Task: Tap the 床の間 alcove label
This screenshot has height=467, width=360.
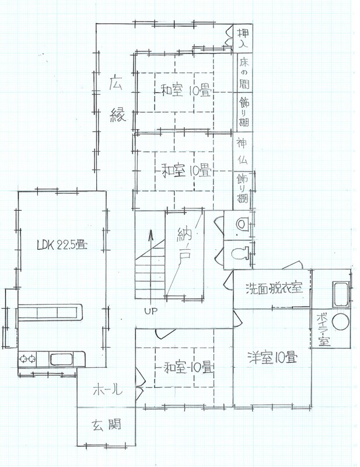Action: [x=244, y=72]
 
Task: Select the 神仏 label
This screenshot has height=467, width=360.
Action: [x=242, y=151]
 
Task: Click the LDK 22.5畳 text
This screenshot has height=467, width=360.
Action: [x=62, y=245]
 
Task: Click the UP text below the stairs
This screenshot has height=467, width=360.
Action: [x=151, y=311]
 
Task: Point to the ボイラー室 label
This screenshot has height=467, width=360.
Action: [x=324, y=329]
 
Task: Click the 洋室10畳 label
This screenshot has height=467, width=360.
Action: [x=272, y=357]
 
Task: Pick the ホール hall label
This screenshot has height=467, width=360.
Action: [x=107, y=389]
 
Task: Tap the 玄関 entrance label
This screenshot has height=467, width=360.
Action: [x=106, y=425]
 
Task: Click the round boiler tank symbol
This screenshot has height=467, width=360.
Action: [x=340, y=321]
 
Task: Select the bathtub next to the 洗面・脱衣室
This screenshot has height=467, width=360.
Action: [x=341, y=294]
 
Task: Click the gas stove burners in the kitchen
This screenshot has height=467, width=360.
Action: [x=27, y=359]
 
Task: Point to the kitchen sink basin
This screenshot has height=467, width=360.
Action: [x=61, y=359]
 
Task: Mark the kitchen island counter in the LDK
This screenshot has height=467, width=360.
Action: [x=50, y=312]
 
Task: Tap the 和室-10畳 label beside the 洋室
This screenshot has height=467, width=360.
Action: [x=189, y=367]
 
